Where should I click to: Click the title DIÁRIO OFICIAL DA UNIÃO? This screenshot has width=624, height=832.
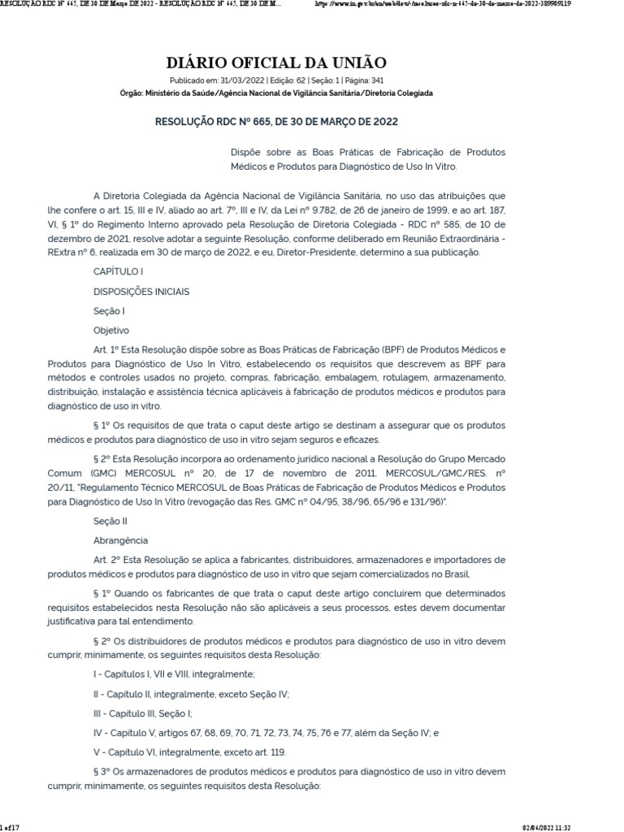[276, 63]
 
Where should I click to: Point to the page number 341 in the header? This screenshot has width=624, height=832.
[376, 80]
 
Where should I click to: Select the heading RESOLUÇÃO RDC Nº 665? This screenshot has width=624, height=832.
[276, 121]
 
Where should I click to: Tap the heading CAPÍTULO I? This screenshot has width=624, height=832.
[119, 271]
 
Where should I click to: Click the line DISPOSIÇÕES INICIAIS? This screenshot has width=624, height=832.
[141, 292]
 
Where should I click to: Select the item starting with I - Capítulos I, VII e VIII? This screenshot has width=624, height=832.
[175, 674]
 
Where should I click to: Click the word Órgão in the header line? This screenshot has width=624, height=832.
[131, 93]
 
